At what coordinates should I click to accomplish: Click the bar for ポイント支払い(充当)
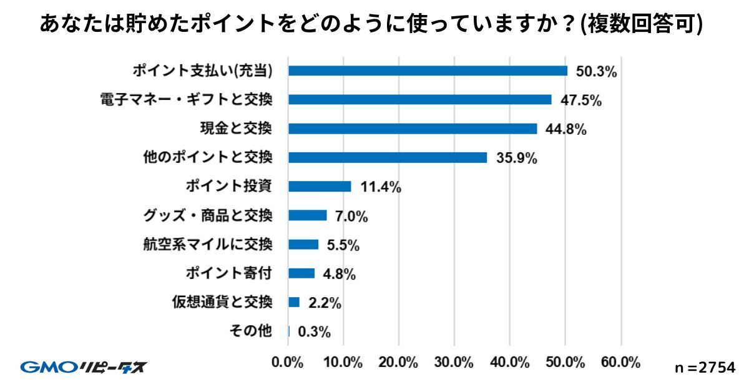coord(428,71)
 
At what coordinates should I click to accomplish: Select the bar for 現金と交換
coord(413,129)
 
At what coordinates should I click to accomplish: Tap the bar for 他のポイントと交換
coord(388,157)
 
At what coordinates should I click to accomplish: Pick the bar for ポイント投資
coord(320,187)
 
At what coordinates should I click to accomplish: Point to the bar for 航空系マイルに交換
coord(303,245)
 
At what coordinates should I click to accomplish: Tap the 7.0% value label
coord(351,216)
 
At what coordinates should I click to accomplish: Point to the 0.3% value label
coord(314,331)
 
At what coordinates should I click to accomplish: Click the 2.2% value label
coord(325,303)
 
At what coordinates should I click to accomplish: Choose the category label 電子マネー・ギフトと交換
coord(186,100)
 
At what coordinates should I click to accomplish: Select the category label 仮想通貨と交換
coord(222,303)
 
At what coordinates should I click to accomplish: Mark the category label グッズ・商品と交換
coord(207,215)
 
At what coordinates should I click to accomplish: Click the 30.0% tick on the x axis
coord(454,363)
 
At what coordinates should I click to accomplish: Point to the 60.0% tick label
coord(620,363)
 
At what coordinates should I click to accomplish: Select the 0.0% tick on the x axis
coord(288,363)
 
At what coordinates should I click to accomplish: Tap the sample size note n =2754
coord(705,368)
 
